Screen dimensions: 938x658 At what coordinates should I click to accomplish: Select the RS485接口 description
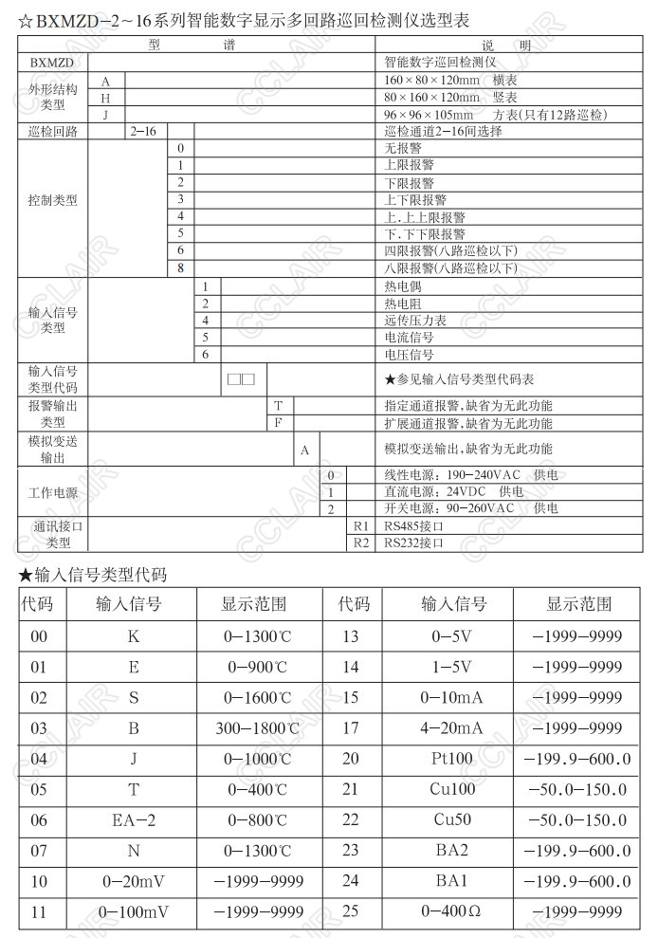414,526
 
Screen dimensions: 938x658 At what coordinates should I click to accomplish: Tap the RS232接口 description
414,543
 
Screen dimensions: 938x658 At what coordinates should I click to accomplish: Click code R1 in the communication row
360,526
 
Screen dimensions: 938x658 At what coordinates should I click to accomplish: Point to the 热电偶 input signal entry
403,286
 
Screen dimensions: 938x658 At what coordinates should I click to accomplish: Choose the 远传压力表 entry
415,321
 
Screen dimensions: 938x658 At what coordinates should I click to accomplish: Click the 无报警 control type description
403,149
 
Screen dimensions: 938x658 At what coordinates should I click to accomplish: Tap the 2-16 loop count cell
142,132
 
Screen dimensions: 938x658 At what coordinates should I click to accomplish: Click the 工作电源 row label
53,492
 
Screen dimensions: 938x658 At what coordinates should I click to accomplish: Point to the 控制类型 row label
53,201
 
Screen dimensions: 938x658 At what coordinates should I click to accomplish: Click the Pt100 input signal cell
451,759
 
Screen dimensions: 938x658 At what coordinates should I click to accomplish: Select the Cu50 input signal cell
451,819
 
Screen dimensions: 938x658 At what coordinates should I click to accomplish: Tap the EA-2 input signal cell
133,819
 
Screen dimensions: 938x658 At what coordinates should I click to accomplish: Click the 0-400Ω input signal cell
451,911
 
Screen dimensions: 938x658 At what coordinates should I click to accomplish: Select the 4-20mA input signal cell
451,728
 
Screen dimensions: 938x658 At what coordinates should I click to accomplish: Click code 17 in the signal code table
351,728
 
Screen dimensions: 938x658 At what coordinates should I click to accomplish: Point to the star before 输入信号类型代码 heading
25,575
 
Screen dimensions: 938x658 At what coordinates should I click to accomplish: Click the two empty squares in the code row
241,379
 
